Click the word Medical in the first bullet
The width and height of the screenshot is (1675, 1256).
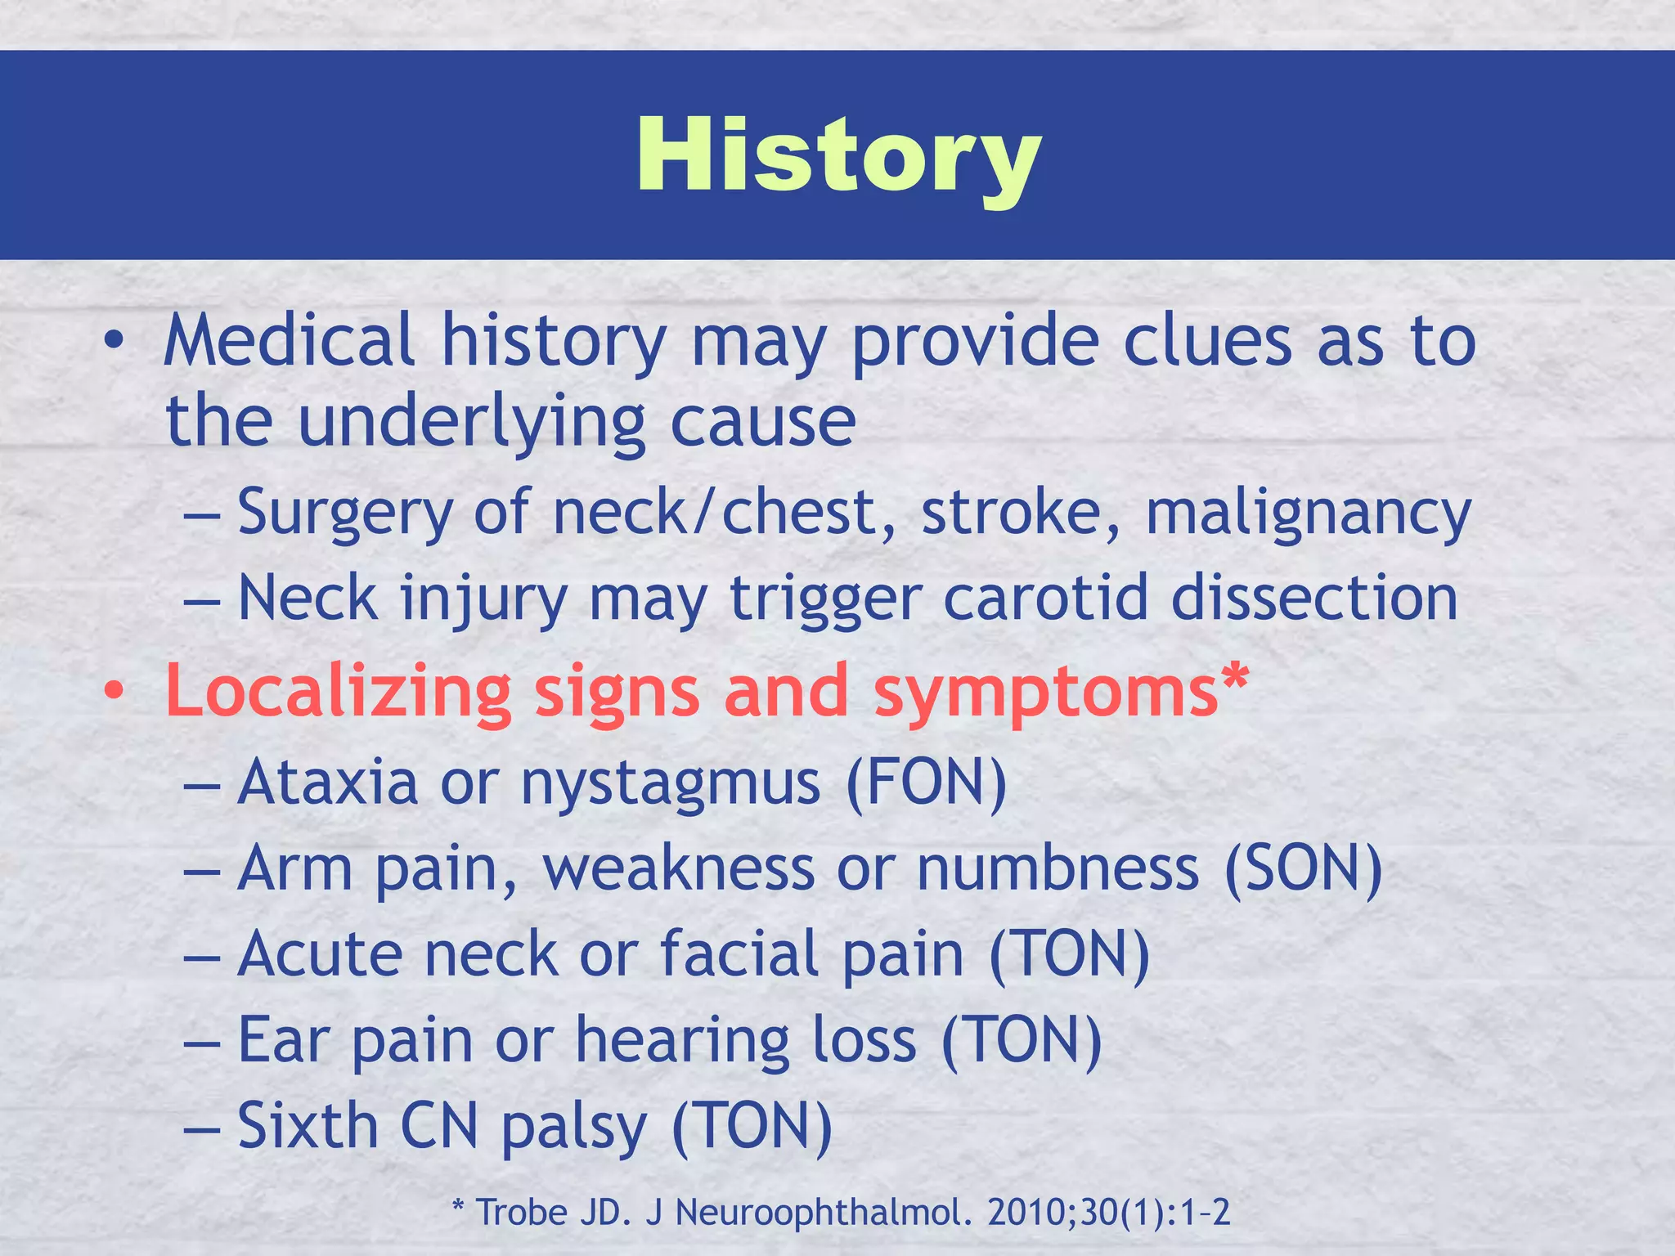[x=289, y=341]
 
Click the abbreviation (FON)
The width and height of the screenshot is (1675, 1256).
[x=926, y=783]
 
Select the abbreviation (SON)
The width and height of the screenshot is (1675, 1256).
[x=1303, y=868]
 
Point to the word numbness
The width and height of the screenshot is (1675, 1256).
[x=1058, y=868]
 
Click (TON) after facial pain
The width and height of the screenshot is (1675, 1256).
[x=1069, y=954]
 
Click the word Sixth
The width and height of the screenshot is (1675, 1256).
[x=308, y=1126]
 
